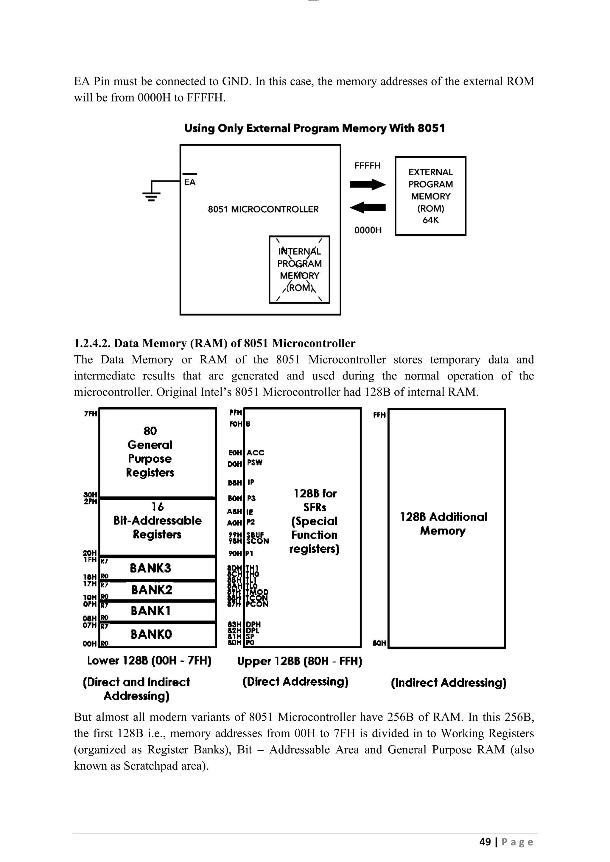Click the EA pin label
190,182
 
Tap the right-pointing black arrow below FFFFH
367,184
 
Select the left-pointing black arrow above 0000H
367,207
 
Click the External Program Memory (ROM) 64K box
430,196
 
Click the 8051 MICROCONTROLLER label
263,209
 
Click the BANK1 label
151,611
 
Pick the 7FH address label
91,414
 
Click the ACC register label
256,453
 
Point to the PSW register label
255,463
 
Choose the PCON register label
257,604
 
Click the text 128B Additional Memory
443,524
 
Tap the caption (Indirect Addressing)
449,683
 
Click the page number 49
485,842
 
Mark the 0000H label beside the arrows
368,230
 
